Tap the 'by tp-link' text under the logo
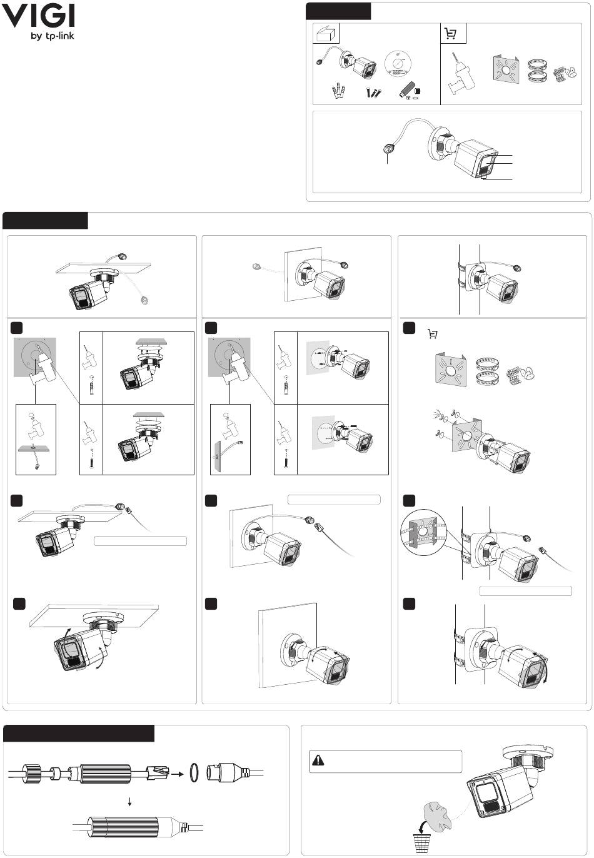53,36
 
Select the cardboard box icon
326,34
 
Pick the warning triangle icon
318,760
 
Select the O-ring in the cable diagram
194,774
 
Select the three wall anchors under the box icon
340,93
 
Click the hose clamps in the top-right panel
538,69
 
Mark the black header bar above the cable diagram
79,733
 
